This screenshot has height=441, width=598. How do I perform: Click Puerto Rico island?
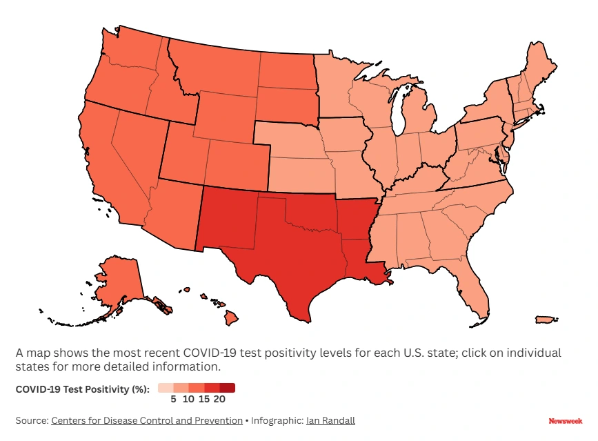click(546, 320)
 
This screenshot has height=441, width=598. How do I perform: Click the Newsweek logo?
click(565, 420)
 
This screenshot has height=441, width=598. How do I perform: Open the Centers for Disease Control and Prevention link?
click(146, 420)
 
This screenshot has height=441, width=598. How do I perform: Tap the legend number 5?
click(175, 398)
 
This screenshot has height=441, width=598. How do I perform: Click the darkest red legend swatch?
click(228, 388)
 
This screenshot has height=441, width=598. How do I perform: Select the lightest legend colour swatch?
click(165, 388)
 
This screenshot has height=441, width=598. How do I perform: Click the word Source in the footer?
click(30, 420)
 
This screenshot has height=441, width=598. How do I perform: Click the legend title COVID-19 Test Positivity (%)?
click(82, 389)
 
